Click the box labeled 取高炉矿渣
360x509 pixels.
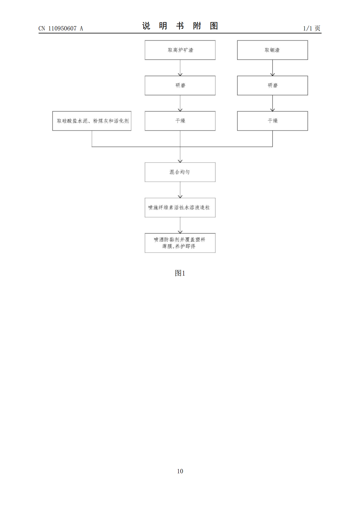pos(180,50)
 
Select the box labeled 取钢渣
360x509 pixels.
pos(272,50)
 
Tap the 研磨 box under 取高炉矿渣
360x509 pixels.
pos(180,86)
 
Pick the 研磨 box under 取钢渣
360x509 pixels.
pos(272,86)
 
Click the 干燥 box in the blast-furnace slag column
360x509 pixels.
pos(180,121)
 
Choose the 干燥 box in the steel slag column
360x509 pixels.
pos(272,121)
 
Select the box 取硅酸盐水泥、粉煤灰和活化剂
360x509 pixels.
pos(92,121)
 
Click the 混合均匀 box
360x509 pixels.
pos(180,172)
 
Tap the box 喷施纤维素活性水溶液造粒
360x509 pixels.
pos(180,207)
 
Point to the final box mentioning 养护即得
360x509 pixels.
pos(180,243)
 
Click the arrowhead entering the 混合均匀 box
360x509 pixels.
pos(180,161)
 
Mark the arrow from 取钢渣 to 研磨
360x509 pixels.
pos(273,68)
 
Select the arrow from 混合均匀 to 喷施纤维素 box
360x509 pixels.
pos(180,190)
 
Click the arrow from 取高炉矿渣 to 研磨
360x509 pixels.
pos(180,68)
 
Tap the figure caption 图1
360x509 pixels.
pos(180,273)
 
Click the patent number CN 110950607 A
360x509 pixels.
pos(61,28)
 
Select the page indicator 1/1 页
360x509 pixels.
pos(312,28)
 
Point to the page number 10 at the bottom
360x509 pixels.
pos(180,471)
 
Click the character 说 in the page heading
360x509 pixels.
pos(146,26)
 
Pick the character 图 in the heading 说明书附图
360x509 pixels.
pos(214,26)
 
